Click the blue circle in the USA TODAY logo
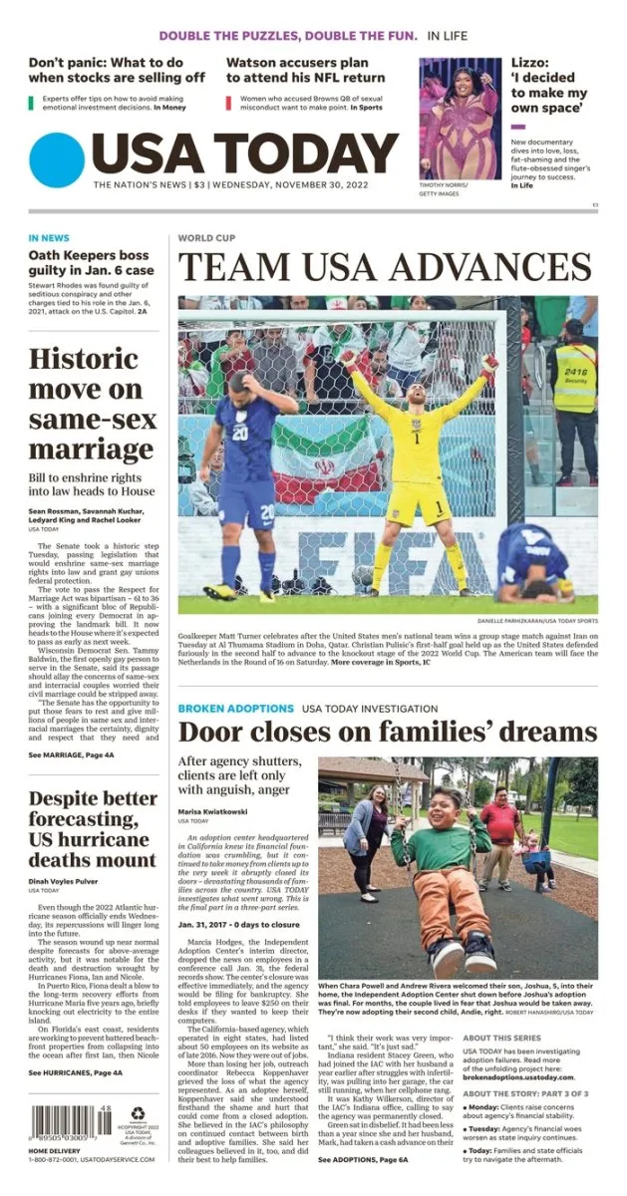[57, 160]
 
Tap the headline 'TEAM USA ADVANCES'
[385, 267]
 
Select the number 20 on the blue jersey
[240, 433]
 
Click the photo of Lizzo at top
[460, 118]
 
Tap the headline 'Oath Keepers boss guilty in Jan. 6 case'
[91, 262]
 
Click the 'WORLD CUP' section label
[206, 238]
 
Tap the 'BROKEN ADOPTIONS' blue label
[235, 708]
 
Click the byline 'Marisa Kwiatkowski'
[213, 811]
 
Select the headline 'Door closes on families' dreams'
[388, 734]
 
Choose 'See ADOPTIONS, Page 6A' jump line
[363, 1160]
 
